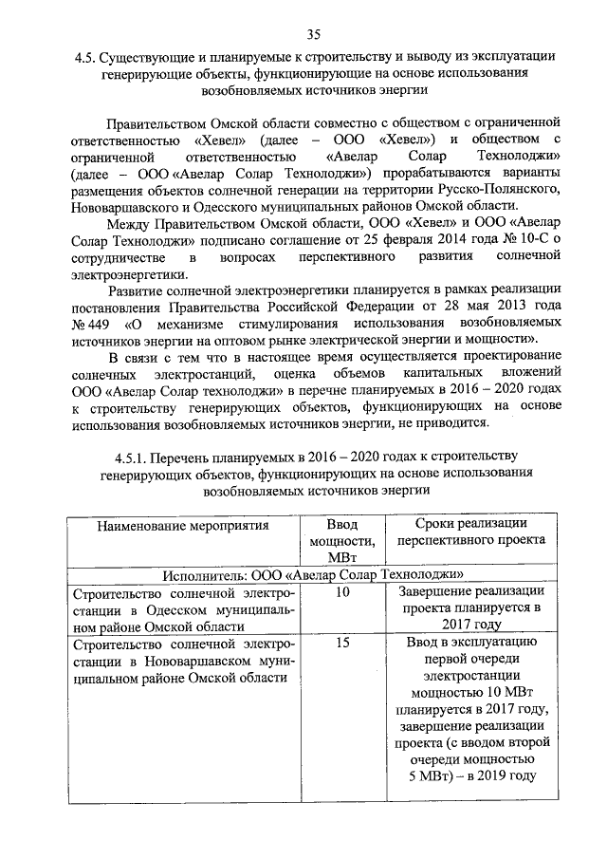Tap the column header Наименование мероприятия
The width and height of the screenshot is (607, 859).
(x=175, y=524)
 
